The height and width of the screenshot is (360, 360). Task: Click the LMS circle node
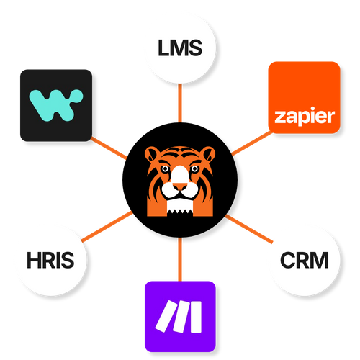179,49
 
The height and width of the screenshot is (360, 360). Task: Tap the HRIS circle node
49,259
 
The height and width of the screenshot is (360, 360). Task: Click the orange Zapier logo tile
302,98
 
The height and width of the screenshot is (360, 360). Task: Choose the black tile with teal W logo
56,104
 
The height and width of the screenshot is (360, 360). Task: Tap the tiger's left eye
165,171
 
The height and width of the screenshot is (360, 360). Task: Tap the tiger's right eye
194,171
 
